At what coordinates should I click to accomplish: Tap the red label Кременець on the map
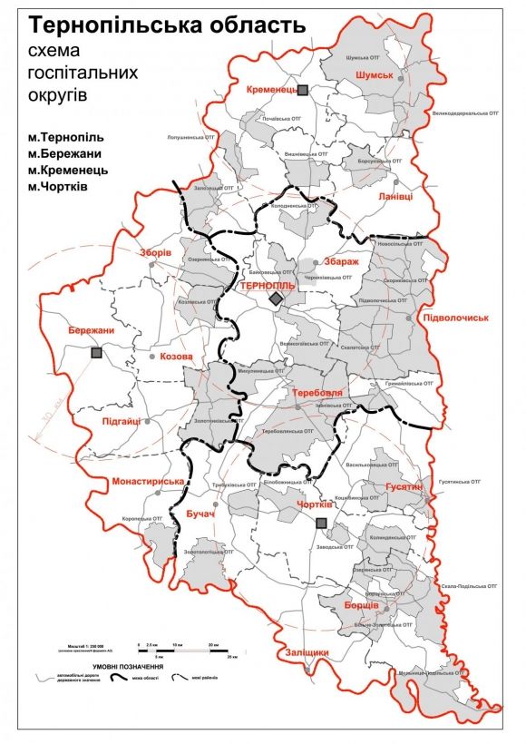point(271,90)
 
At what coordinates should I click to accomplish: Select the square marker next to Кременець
point(305,89)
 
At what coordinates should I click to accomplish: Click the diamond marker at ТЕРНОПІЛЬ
point(276,299)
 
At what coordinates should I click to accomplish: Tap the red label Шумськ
point(375,75)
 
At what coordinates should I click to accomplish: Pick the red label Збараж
point(341,261)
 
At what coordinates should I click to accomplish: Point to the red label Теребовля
point(317,393)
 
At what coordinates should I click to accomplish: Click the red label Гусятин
point(404,487)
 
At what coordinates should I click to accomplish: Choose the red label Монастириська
point(147,481)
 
